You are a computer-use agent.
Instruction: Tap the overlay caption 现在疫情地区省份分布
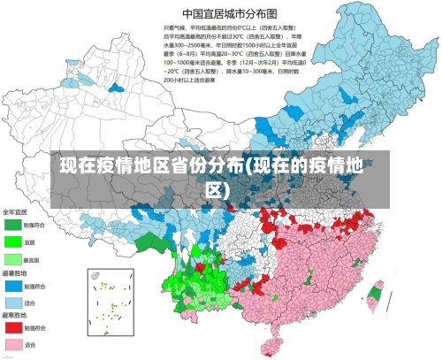(220, 177)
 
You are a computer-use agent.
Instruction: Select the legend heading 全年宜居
(15, 212)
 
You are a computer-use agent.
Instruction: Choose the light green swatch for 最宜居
(12, 258)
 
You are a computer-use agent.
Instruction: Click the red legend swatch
(12, 327)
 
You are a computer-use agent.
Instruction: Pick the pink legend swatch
(12, 344)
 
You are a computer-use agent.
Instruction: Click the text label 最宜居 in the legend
(31, 258)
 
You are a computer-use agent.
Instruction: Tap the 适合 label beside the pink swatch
(30, 344)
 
